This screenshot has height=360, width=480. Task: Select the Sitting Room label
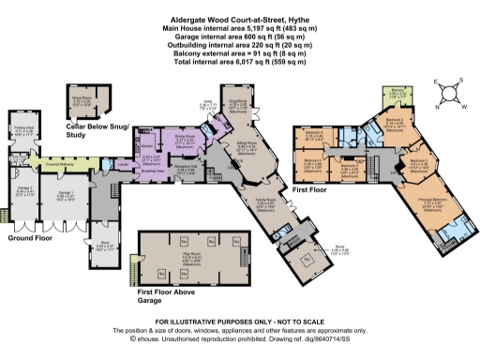point(247,146)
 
